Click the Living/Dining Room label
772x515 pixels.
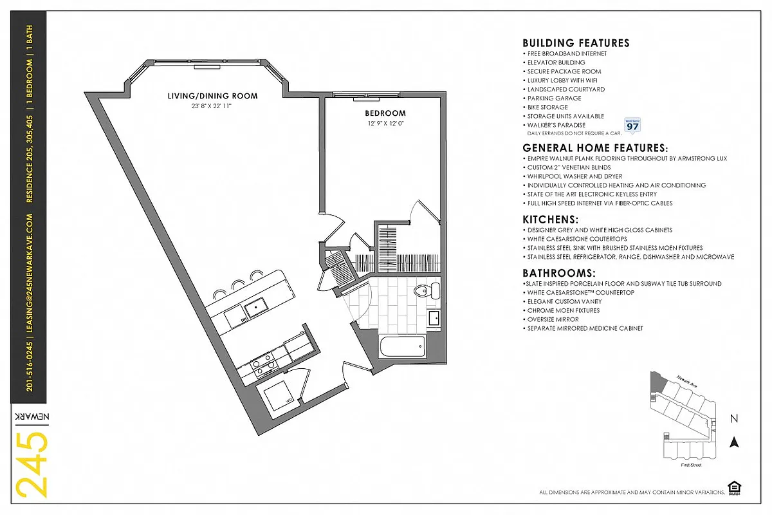click(212, 96)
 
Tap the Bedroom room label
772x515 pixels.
click(386, 113)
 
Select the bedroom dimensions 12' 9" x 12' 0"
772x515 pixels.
click(386, 123)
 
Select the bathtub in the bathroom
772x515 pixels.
click(402, 348)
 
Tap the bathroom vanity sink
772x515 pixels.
click(434, 318)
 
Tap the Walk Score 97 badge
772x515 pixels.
click(632, 125)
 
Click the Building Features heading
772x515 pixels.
click(576, 43)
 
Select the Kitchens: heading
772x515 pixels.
click(550, 220)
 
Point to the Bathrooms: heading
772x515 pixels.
click(558, 273)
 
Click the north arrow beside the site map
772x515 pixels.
click(733, 442)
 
